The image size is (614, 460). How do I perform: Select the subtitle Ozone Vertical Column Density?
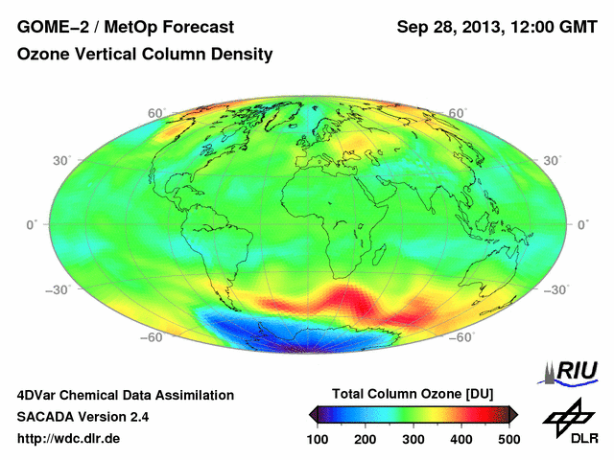pos(145,55)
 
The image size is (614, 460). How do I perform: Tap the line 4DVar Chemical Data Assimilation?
pos(126,395)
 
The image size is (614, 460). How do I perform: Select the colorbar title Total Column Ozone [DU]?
pos(413,395)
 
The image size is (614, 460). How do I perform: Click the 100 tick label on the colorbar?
pos(319,438)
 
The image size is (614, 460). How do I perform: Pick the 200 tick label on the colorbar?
pos(366,438)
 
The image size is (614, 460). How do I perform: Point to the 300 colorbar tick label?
pos(413,438)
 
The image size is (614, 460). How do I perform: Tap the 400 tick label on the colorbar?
pos(460,438)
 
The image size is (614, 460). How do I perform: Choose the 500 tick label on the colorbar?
pos(508,438)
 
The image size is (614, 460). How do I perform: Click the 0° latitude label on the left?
pos(32,224)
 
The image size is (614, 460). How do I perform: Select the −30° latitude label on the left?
pos(35,289)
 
